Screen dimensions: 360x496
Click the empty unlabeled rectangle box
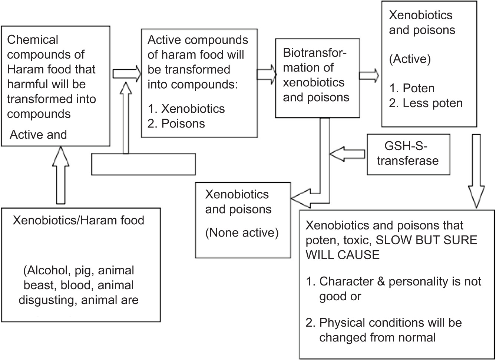pos(143,164)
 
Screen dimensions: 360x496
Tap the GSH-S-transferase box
pos(408,154)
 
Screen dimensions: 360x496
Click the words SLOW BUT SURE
pos(426,240)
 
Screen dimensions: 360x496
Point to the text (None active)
pos(242,233)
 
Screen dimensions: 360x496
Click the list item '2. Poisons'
pos(176,123)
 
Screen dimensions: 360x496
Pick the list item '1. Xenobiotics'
pos(186,109)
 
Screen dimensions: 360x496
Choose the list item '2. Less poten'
pos(426,103)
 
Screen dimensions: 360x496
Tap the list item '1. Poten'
pos(412,88)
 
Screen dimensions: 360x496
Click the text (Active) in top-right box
pos(410,59)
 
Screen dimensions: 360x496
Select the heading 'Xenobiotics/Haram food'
pos(78,220)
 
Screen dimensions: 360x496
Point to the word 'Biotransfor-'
pos(314,53)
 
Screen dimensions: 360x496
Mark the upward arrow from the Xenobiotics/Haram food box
pos(60,174)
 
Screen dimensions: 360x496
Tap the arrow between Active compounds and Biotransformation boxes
pos(267,74)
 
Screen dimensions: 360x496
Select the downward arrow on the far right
pos(476,171)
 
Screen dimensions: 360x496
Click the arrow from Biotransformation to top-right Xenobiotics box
pos(369,75)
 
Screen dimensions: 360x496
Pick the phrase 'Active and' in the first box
pos(38,135)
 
